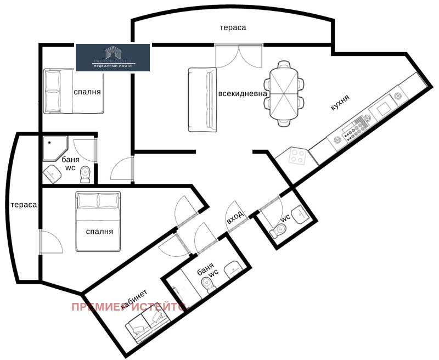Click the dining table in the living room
click(284, 93)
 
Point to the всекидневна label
click(243, 93)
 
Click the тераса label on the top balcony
click(233, 27)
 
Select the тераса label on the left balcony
click(23, 205)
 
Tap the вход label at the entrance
click(235, 217)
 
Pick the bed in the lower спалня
click(98, 221)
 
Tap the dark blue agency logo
click(112, 58)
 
